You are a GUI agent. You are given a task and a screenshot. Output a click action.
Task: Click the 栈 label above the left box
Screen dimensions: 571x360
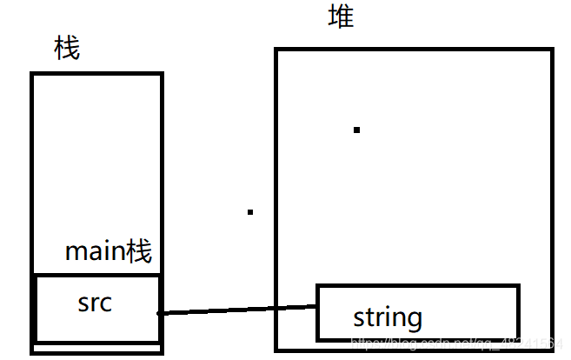[x=67, y=49]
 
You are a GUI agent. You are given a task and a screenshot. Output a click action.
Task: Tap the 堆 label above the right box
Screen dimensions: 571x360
[x=341, y=16]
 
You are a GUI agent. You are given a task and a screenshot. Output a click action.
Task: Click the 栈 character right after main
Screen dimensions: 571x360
[x=140, y=252]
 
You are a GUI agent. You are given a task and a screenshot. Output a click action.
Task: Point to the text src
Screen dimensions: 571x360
[x=95, y=303]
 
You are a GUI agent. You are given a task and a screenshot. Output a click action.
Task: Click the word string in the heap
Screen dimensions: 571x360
[x=388, y=317]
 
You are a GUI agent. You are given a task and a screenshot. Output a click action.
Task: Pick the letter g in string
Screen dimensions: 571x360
[x=415, y=320]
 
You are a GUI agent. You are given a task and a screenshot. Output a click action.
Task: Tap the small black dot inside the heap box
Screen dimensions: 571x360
[x=356, y=130]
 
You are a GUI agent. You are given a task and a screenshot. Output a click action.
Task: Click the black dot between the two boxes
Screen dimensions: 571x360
[x=250, y=211]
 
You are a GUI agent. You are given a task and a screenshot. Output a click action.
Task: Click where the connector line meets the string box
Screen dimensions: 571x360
[x=316, y=305]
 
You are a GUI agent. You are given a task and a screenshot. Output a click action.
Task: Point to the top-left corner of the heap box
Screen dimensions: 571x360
[x=277, y=50]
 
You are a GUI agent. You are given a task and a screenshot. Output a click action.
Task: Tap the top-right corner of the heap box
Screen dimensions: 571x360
[x=552, y=50]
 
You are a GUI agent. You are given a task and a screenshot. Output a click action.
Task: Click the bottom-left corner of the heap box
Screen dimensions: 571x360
[x=277, y=351]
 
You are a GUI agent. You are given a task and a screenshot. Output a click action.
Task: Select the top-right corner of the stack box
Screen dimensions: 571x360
[x=162, y=74]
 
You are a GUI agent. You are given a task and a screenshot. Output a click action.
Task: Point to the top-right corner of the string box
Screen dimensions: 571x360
[x=519, y=285]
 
